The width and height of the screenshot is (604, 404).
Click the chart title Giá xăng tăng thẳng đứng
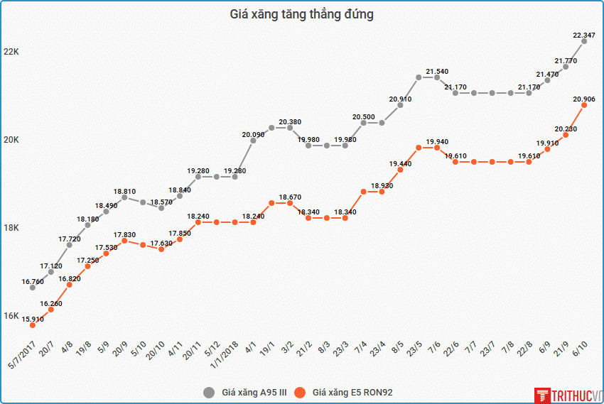302,14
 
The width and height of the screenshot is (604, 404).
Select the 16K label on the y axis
11,316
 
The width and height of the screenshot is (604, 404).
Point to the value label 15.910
33,320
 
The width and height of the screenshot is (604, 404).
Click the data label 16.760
33,282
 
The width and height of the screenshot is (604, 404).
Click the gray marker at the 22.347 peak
584,41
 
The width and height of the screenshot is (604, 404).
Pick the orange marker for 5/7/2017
33,325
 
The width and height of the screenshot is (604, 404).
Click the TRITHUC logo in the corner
568,394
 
